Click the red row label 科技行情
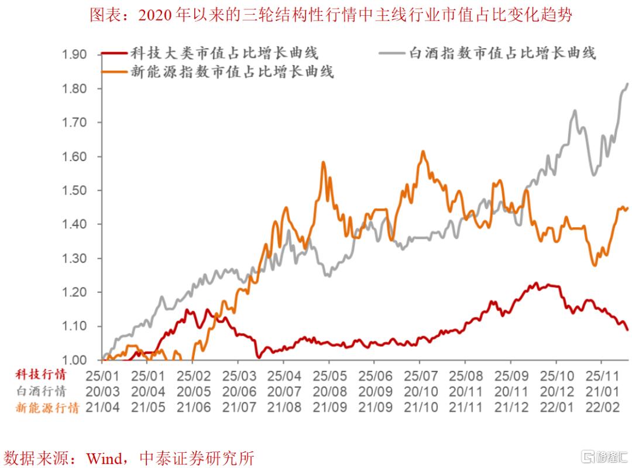click(40, 374)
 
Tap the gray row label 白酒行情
click(40, 391)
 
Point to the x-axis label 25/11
click(602, 374)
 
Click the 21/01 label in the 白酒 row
click(602, 391)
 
